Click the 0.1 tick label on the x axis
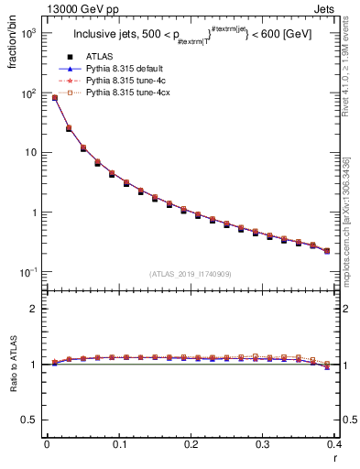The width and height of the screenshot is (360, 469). coord(119,443)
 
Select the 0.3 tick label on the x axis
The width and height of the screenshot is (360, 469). coord(264,443)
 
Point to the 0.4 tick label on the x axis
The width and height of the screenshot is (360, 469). coord(334,443)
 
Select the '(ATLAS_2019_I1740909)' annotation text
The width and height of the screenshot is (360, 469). coord(191,273)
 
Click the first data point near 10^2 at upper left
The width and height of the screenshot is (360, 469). coord(54,97)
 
